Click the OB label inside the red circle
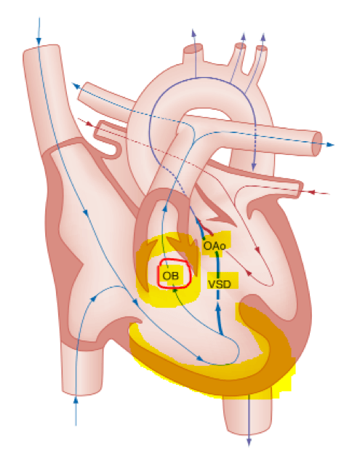[x=170, y=276]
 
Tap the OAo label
[x=215, y=246]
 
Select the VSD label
[x=220, y=284]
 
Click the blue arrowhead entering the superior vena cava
[x=39, y=41]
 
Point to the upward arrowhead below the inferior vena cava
[x=76, y=400]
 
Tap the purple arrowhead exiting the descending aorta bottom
[x=249, y=442]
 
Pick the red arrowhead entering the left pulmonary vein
[x=312, y=192]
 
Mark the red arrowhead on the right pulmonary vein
[x=89, y=124]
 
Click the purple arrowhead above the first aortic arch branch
[x=194, y=33]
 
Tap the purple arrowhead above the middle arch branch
[x=244, y=36]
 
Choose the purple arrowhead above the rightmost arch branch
[x=263, y=36]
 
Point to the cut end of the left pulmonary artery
[x=317, y=144]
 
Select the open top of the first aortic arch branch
[x=193, y=48]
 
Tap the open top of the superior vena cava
[x=41, y=49]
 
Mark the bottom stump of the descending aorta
[x=248, y=431]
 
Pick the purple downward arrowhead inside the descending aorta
[x=254, y=167]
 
